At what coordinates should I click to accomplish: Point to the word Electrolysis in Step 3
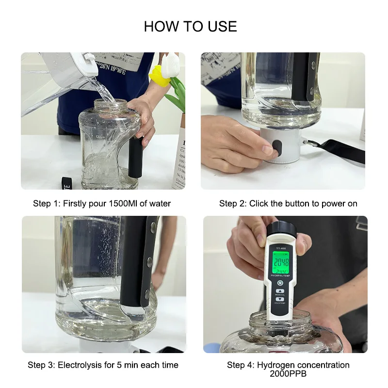tap(81, 365)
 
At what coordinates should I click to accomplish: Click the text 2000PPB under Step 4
tap(288, 374)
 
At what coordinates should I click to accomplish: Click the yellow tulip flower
tap(159, 76)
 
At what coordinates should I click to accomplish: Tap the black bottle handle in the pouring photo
tap(134, 158)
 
